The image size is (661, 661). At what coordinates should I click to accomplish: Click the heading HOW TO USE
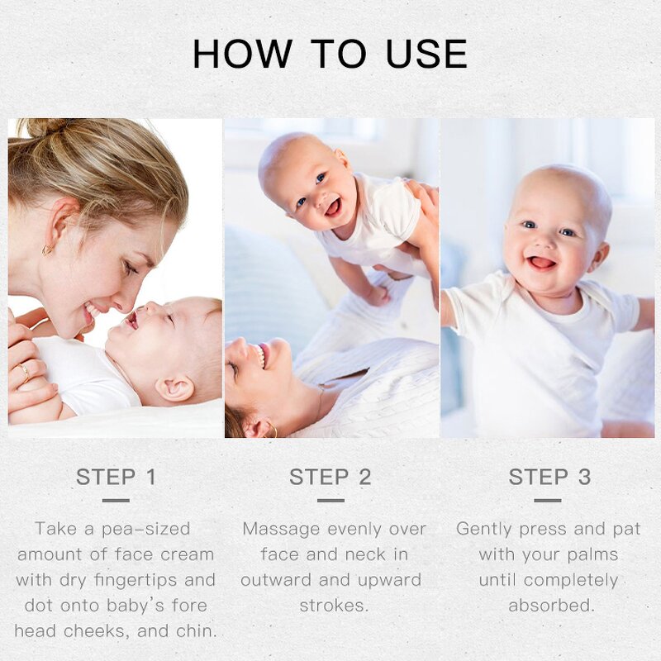[x=330, y=54]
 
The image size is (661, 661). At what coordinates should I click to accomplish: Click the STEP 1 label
[x=116, y=477]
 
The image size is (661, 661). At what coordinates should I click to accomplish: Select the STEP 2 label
[x=330, y=477]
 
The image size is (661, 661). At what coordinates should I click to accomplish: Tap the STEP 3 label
[x=549, y=477]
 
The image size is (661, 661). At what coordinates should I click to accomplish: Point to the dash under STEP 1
[x=116, y=500]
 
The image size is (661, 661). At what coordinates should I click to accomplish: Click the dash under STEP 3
[x=548, y=500]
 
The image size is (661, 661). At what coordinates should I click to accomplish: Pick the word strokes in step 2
[x=334, y=606]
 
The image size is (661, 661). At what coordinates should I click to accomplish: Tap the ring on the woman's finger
[x=24, y=373]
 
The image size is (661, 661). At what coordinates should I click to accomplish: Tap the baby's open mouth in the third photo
[x=542, y=263]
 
